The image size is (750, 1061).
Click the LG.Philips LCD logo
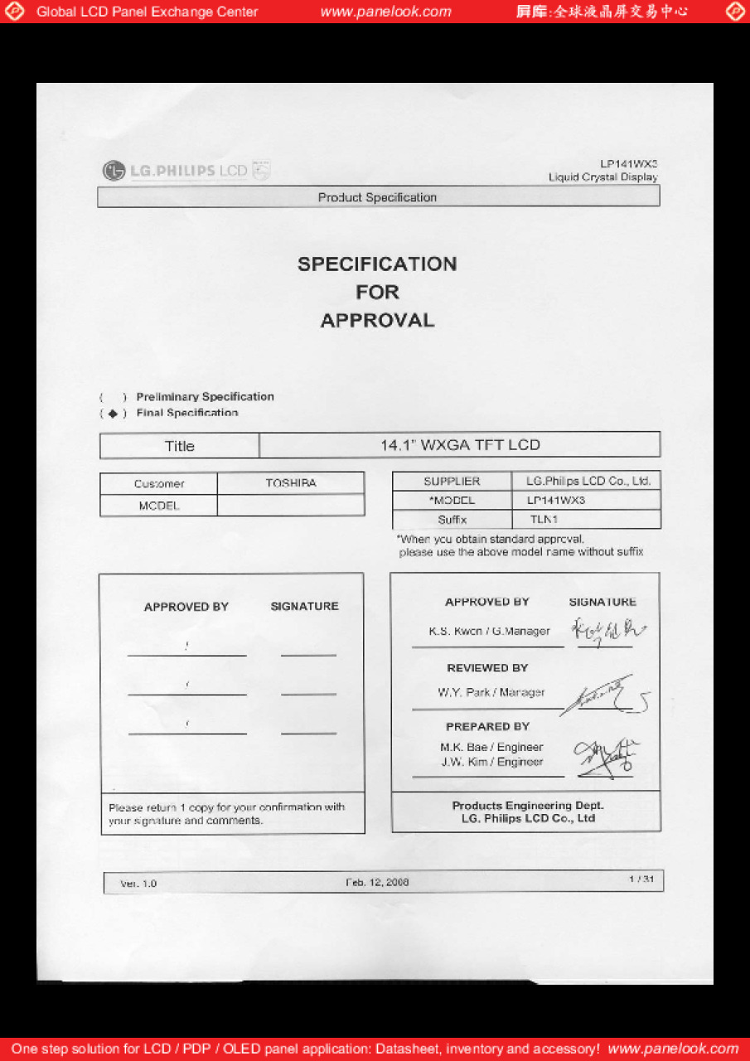186,171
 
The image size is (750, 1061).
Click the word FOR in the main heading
377,293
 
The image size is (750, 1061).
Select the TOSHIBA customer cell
291,483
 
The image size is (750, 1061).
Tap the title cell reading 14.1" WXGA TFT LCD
460,445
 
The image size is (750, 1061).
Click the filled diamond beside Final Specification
113,414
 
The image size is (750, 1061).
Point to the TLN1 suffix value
544,520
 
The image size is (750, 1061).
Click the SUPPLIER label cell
452,482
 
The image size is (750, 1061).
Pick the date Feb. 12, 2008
377,882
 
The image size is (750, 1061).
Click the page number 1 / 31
641,879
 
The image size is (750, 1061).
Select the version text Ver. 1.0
138,884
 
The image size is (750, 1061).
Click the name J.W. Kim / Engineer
492,762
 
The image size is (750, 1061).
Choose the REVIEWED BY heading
487,668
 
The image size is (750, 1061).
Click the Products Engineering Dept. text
528,806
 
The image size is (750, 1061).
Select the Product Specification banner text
377,197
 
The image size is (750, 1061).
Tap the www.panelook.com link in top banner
385,12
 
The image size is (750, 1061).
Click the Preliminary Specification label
205,397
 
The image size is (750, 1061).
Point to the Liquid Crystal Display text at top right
602,177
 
